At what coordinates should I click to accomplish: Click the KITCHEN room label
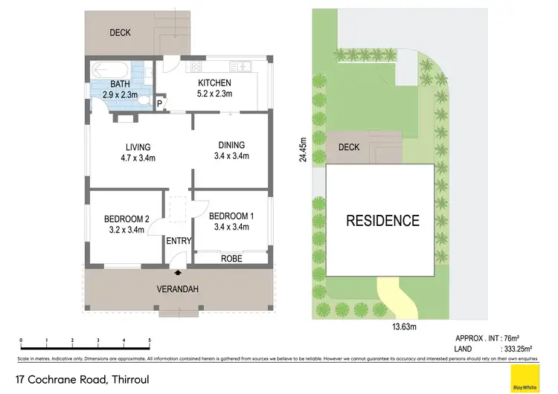[215, 83]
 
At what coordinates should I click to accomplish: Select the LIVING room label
[138, 146]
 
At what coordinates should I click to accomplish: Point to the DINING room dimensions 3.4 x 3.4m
[231, 156]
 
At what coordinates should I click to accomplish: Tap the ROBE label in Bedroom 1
[230, 258]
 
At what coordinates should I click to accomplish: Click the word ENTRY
[179, 241]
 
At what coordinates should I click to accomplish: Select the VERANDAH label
[177, 289]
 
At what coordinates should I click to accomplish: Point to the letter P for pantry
[158, 103]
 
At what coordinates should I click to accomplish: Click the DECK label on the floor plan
[121, 33]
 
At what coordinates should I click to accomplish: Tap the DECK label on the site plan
[349, 147]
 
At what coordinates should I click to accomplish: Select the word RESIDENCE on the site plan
[382, 221]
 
